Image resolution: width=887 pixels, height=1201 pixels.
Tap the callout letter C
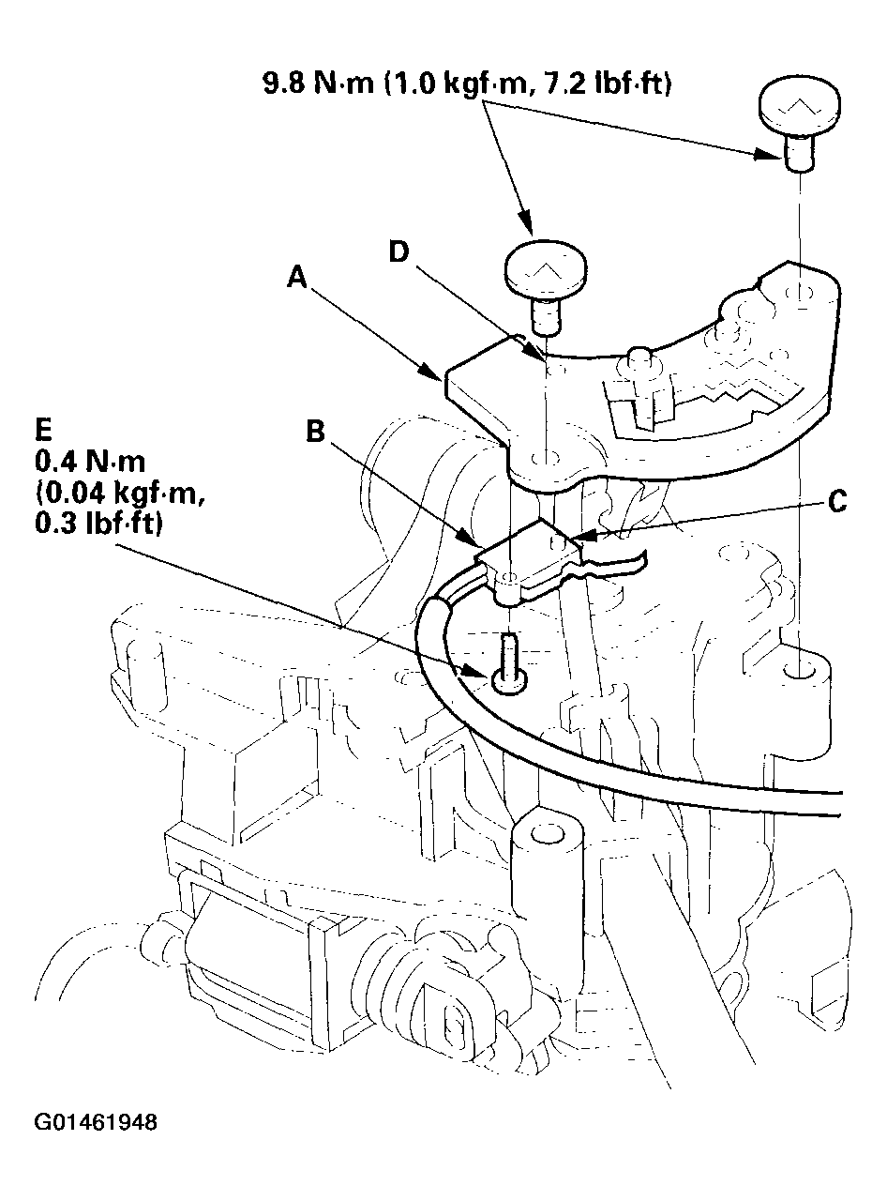[837, 504]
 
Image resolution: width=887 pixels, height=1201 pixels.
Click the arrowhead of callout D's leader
[543, 357]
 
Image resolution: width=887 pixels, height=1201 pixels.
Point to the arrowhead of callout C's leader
[572, 539]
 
